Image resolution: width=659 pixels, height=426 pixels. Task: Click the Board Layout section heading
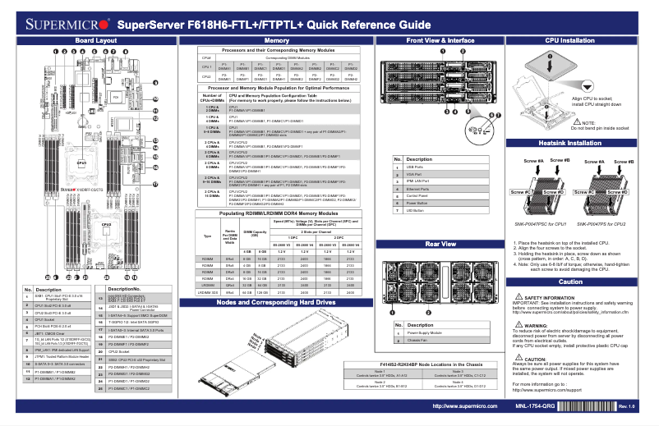click(x=90, y=40)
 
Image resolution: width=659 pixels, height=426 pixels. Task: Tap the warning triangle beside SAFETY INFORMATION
click(x=517, y=297)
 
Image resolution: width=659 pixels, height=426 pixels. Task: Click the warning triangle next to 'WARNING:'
click(x=517, y=325)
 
